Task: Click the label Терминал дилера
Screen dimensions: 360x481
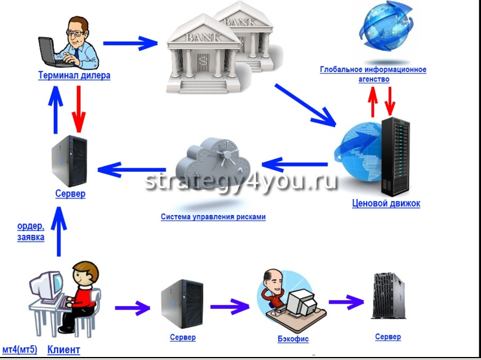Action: click(74, 76)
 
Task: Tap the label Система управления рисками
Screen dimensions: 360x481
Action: click(213, 217)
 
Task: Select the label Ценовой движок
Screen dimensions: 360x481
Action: click(386, 204)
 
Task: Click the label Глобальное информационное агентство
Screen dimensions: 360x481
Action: click(373, 74)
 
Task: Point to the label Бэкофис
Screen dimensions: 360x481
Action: click(293, 339)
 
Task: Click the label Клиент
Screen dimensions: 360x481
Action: click(63, 350)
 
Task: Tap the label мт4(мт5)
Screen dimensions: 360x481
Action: click(20, 350)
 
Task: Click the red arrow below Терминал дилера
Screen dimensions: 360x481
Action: click(78, 109)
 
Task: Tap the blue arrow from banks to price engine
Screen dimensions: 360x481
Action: click(305, 104)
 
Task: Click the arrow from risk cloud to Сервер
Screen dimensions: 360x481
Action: click(132, 171)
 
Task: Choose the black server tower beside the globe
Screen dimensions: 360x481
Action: click(395, 156)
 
